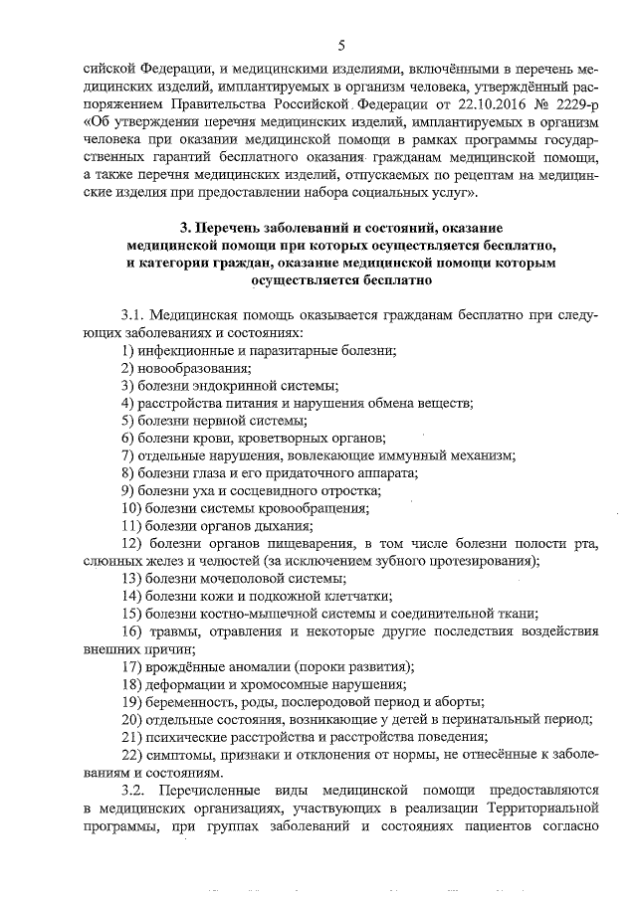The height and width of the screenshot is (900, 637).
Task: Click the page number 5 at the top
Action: click(x=341, y=45)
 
